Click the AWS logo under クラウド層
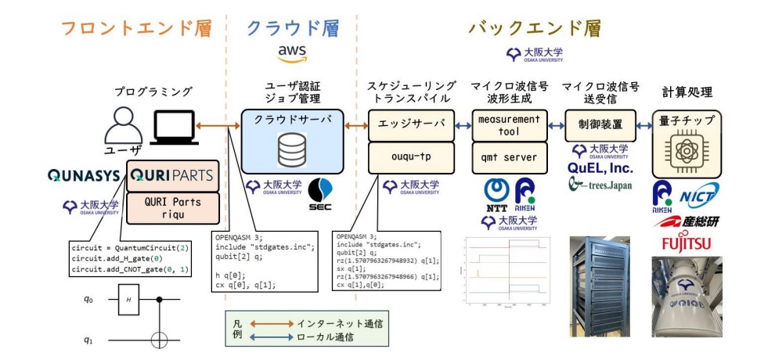[x=292, y=54]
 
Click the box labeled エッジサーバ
[x=411, y=124]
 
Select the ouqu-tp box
[x=411, y=157]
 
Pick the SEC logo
[x=321, y=191]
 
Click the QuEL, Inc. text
[x=600, y=167]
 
